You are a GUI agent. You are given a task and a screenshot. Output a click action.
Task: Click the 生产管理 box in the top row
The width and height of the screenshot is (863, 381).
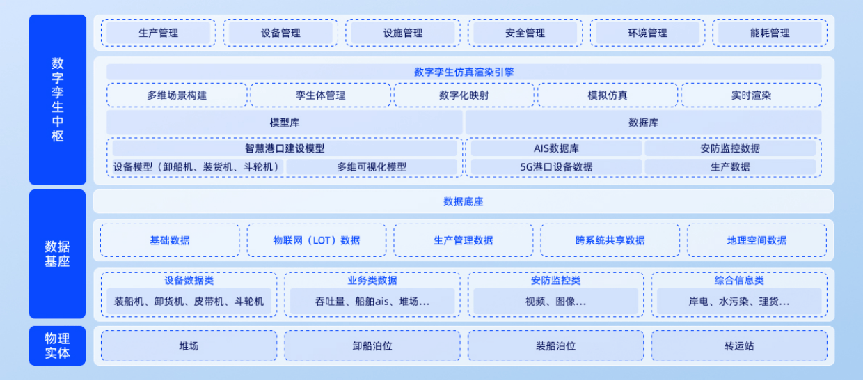coord(159,33)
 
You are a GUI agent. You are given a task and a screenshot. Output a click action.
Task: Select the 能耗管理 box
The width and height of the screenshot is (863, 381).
coord(770,33)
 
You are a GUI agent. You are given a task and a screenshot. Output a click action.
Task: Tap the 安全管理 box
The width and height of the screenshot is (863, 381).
coord(525,33)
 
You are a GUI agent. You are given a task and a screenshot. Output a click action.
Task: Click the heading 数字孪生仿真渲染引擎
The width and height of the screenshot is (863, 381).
coord(464,72)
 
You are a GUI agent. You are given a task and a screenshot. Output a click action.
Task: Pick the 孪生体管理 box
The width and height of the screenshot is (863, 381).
coord(321,95)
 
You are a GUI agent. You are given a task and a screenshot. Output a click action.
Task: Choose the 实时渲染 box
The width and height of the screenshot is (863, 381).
coord(751,95)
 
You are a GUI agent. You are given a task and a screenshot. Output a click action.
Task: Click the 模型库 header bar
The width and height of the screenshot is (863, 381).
coord(285,123)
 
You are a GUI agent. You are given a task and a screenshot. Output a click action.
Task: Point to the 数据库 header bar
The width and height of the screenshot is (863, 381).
coord(643,123)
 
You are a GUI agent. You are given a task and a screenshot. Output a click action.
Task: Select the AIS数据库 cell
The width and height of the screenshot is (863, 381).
coord(556,148)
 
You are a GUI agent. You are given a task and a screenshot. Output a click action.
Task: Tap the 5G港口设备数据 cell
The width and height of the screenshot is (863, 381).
coord(556,167)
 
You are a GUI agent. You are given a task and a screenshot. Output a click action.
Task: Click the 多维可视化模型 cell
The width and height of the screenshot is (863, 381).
coord(372,167)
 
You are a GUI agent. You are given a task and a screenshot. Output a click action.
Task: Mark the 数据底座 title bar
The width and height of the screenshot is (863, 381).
coord(464,202)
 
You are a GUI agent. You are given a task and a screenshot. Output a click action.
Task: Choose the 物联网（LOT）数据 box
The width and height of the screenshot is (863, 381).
coord(317,240)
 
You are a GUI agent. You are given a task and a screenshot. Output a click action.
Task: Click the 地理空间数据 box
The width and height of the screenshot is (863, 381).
coord(757,240)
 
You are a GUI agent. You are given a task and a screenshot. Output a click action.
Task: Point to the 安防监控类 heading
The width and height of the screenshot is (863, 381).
coord(555,280)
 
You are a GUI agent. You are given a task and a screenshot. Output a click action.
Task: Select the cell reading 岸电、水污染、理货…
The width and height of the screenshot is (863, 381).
coord(739,301)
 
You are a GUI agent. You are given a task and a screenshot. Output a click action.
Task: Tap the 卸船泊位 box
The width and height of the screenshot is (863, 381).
coord(372,346)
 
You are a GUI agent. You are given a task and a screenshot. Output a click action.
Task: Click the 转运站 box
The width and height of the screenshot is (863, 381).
coord(739,346)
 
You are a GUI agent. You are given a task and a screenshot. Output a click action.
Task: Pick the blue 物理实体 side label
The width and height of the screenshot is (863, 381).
coord(57,346)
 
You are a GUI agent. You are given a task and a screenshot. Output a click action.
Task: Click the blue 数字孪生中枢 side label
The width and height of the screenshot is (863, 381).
coord(57,100)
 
